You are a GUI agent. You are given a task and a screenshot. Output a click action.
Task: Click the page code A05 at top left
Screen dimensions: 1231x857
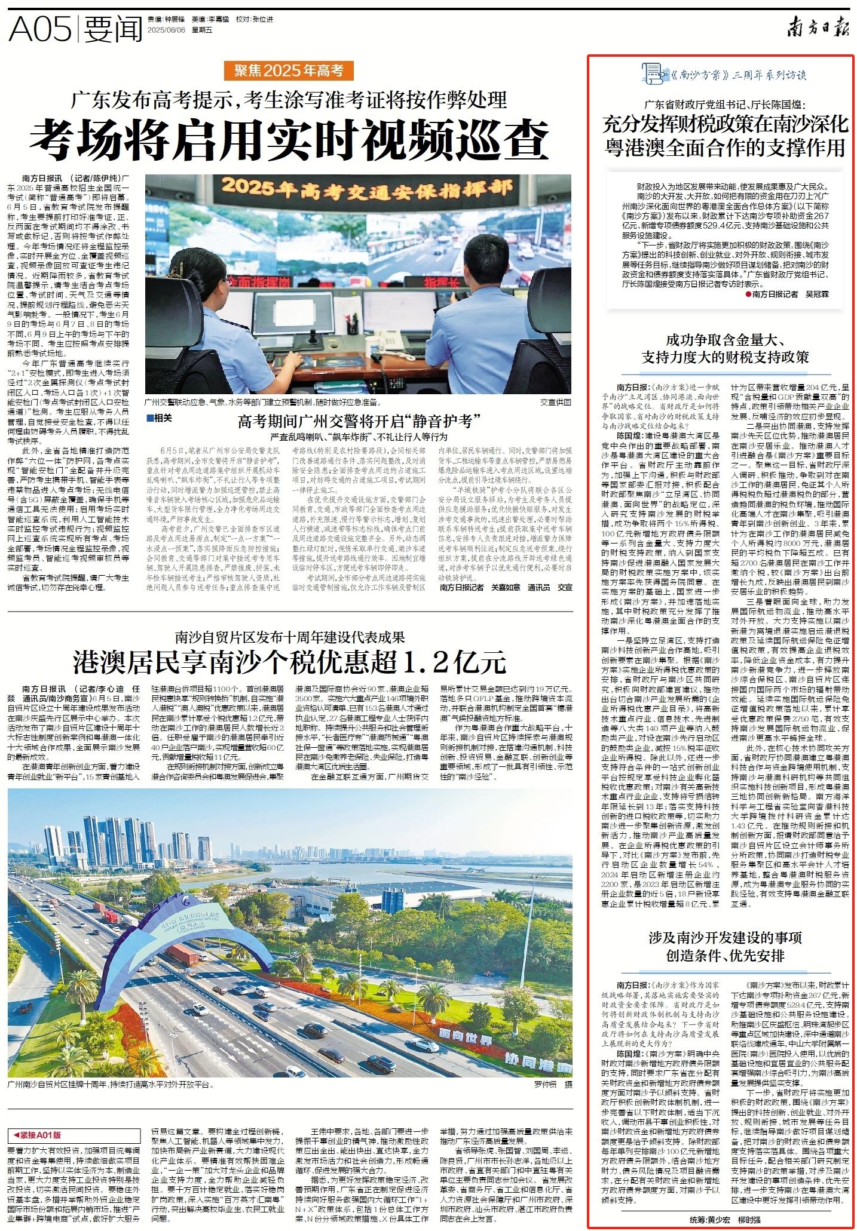[x=39, y=28]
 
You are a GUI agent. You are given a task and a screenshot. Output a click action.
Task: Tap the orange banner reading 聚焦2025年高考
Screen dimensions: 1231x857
[x=289, y=70]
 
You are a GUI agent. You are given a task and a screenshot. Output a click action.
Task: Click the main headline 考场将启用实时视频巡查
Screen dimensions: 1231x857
[x=289, y=137]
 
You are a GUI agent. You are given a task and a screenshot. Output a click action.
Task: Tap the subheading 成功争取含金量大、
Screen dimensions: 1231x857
[x=725, y=341]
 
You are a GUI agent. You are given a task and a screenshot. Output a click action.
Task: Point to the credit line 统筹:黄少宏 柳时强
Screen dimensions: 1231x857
[x=725, y=1220]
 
